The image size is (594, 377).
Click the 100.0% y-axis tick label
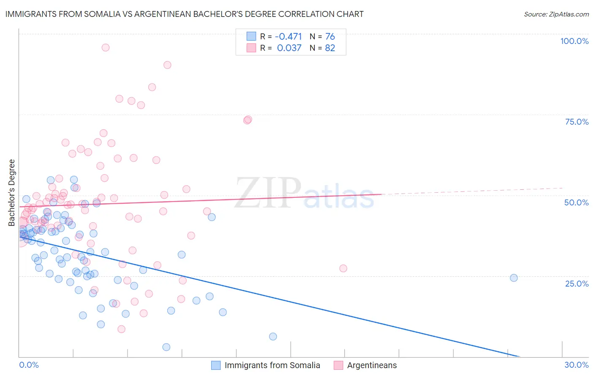tap(574, 41)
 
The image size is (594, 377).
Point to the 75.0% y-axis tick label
tap(577, 122)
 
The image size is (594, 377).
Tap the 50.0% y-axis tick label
tap(576, 202)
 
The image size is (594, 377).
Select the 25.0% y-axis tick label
tap(577, 284)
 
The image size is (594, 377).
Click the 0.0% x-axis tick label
tap(29, 365)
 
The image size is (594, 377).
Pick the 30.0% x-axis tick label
tap(576, 365)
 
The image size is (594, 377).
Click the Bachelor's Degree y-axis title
tap(12, 193)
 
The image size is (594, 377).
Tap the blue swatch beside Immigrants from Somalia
tap(216, 365)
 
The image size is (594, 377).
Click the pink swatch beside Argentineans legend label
tap(338, 365)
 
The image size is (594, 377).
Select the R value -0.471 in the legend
tap(288, 37)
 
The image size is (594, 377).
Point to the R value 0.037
tap(289, 48)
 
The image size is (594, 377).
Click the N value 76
tap(330, 37)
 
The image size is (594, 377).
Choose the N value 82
tap(330, 48)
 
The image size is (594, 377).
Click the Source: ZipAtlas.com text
tap(556, 14)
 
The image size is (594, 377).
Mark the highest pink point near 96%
tap(106, 47)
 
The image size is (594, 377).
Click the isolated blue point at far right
tap(514, 278)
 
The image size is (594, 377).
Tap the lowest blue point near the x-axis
tap(166, 347)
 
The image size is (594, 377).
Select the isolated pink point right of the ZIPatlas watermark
tap(343, 268)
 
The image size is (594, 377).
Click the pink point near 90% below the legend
tap(167, 65)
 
